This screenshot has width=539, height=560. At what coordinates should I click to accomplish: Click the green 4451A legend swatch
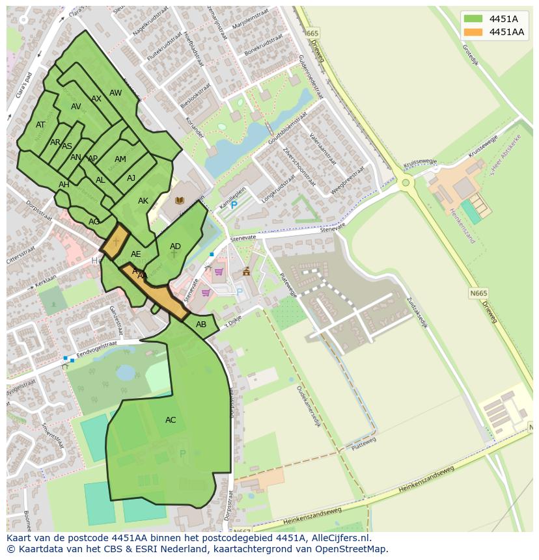coord(473,18)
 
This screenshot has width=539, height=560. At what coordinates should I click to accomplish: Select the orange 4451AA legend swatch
coord(473,32)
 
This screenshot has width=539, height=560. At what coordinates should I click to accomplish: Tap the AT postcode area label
coord(40,125)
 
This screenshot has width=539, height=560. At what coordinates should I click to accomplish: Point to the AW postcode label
coord(115,93)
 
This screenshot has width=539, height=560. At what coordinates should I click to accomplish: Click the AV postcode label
coord(76,107)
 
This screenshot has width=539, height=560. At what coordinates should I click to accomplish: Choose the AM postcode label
coord(120,159)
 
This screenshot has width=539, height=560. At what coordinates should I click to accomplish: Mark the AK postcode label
coord(143,201)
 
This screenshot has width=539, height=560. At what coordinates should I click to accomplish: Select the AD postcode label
coord(175,247)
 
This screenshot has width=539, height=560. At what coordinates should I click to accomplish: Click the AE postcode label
coord(136,254)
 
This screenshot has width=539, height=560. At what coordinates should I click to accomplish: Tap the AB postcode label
coord(201,325)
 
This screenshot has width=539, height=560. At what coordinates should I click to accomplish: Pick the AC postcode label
coord(171,420)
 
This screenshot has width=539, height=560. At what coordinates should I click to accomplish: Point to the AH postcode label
coord(64,185)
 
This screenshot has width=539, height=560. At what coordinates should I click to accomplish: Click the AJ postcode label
coord(131,178)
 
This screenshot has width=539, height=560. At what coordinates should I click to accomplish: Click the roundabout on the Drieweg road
coord(406,183)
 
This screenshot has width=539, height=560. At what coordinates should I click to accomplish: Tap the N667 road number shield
coord(242,531)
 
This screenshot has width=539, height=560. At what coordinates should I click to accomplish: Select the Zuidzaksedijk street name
coord(416,313)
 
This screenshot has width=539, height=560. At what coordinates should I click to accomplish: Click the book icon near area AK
coord(180,201)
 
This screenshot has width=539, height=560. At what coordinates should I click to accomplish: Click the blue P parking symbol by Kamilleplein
coord(234,205)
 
